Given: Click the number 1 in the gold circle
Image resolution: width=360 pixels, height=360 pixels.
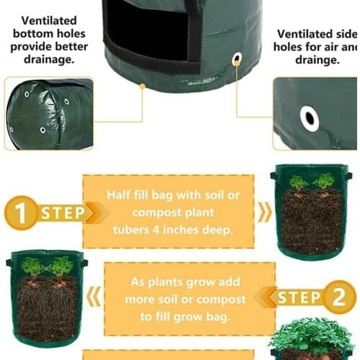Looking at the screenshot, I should click(x=22, y=214).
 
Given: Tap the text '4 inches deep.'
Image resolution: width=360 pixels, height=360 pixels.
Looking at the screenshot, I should click(x=193, y=230).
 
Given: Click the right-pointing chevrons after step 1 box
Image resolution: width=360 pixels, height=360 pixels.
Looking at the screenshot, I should click(x=266, y=212).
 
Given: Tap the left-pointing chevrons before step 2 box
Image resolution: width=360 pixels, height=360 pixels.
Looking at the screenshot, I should click(x=94, y=296).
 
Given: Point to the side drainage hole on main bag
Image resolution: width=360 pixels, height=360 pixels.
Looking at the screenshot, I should click(x=237, y=60).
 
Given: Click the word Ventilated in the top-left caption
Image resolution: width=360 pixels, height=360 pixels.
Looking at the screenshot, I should click(x=49, y=21).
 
